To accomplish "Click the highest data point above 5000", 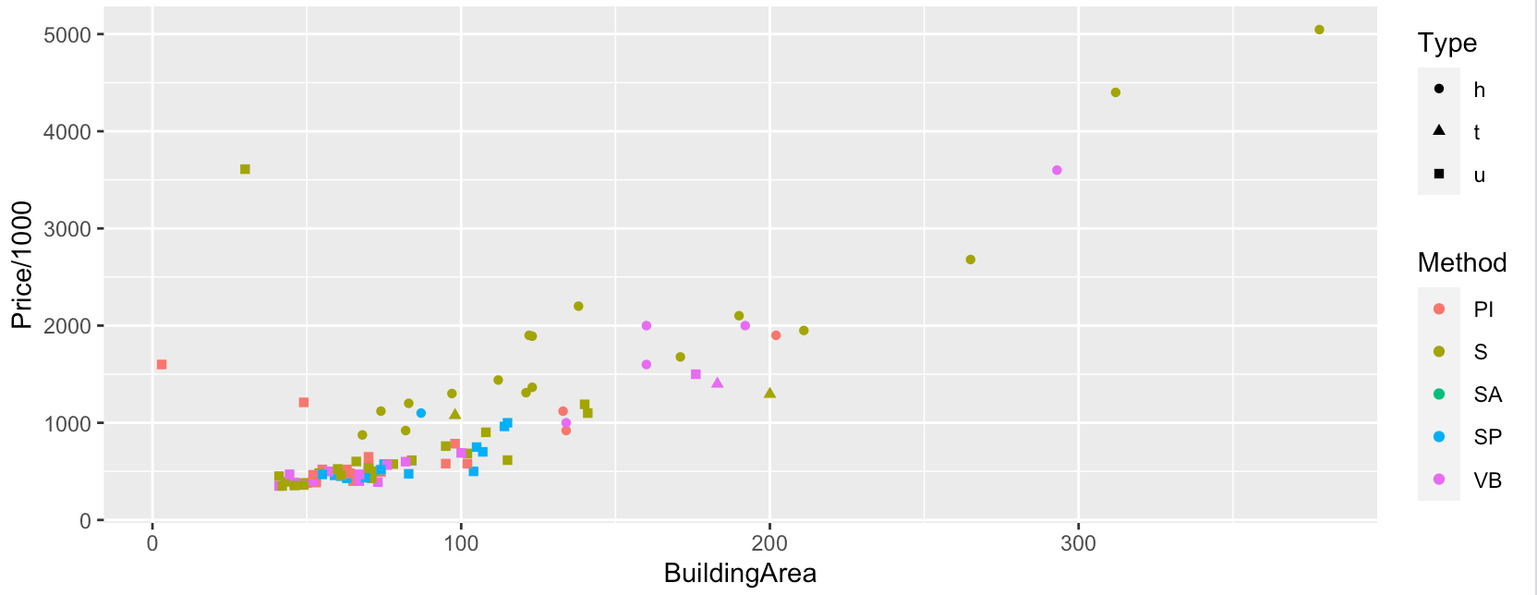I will coord(1319,30).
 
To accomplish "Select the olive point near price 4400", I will coord(1115,92).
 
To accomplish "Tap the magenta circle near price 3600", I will coord(1057,170).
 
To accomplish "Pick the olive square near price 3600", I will coord(245,169).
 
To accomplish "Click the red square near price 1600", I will coord(162,365).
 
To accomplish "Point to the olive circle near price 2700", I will coord(970,260).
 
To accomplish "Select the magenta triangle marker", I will coord(717,382).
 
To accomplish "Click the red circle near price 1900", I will coord(776,335).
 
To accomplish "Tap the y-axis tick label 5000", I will coord(67,35).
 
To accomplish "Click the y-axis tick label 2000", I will coord(67,326).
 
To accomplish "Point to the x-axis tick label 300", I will coord(1078,543).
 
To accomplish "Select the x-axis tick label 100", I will coord(461,543).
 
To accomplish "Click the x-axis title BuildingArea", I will coord(740,574).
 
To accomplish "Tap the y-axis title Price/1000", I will coord(21,265).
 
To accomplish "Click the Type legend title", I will coord(1446,43).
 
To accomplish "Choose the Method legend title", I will coord(1461,263).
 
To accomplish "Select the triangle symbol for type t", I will coord(1439,130).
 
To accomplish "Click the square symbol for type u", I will coord(1439,174).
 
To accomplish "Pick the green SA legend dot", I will coord(1439,395).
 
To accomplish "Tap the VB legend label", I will coord(1487,480).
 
